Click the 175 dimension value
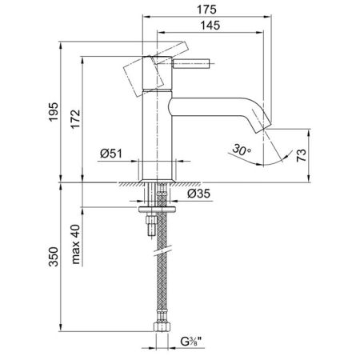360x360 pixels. click(206, 10)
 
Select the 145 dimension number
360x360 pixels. click(210, 26)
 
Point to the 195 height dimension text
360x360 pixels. click(54, 112)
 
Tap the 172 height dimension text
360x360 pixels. click(75, 119)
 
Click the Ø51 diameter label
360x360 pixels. click(111, 154)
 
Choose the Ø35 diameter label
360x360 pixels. click(198, 194)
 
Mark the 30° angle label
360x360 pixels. click(242, 150)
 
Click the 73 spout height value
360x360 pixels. click(302, 155)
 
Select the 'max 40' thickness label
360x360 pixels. click(76, 244)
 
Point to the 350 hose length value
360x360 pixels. click(54, 257)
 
